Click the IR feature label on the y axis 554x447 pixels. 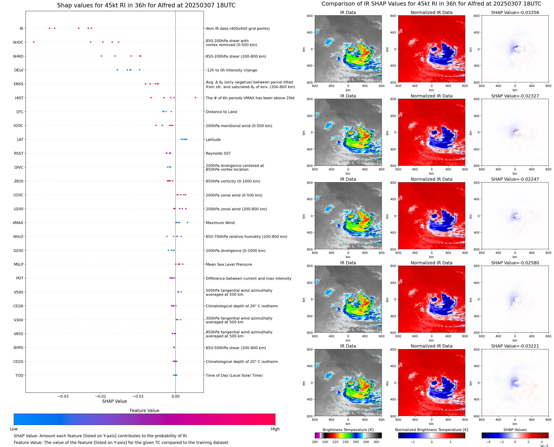point(21,28)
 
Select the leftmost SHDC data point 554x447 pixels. point(34,42)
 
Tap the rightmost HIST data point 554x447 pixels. point(195,98)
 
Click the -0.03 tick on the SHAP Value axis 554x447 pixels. point(63,396)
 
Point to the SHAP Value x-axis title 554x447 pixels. point(114,401)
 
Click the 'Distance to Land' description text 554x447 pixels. point(221,112)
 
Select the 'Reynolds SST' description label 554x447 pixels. point(218,154)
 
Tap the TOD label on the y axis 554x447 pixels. point(19,375)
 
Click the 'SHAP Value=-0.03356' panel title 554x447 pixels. point(515,12)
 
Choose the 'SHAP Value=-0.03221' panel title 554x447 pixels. point(515,346)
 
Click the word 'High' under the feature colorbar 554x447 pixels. point(275,429)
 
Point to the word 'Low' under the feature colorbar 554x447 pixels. point(14,429)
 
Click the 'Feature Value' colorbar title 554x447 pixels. point(144,411)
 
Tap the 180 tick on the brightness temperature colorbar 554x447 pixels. point(315,442)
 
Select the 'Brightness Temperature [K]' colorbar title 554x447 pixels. point(348,430)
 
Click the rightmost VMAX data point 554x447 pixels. point(187,222)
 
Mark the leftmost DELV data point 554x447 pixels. point(117,70)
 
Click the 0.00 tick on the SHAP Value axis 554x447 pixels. point(176,396)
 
